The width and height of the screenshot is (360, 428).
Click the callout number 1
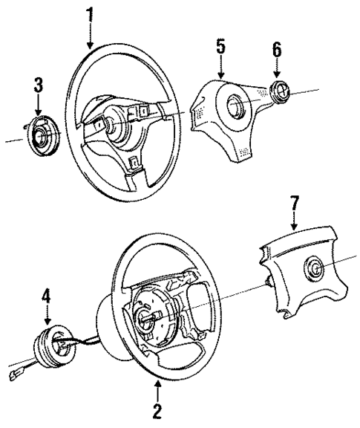click(90, 13)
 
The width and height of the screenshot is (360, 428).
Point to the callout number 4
click(48, 297)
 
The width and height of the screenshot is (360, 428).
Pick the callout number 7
click(294, 202)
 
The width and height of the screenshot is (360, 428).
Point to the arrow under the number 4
click(48, 315)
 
